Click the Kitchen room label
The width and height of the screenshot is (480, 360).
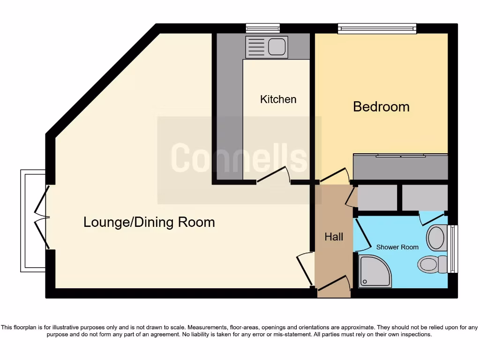click(x=278, y=99)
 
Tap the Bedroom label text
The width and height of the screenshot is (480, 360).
click(x=381, y=107)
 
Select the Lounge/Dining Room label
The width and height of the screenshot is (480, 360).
click(x=149, y=222)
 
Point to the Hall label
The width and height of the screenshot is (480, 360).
click(x=334, y=237)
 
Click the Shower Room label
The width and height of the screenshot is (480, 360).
click(x=397, y=247)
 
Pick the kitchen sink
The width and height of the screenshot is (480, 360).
click(x=266, y=47)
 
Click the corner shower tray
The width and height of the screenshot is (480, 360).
click(x=375, y=271)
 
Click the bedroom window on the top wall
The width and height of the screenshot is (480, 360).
click(x=377, y=29)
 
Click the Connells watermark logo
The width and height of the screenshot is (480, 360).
click(x=239, y=158)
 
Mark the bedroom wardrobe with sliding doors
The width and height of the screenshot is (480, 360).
click(x=401, y=166)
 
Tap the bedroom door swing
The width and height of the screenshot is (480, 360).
click(x=335, y=175)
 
